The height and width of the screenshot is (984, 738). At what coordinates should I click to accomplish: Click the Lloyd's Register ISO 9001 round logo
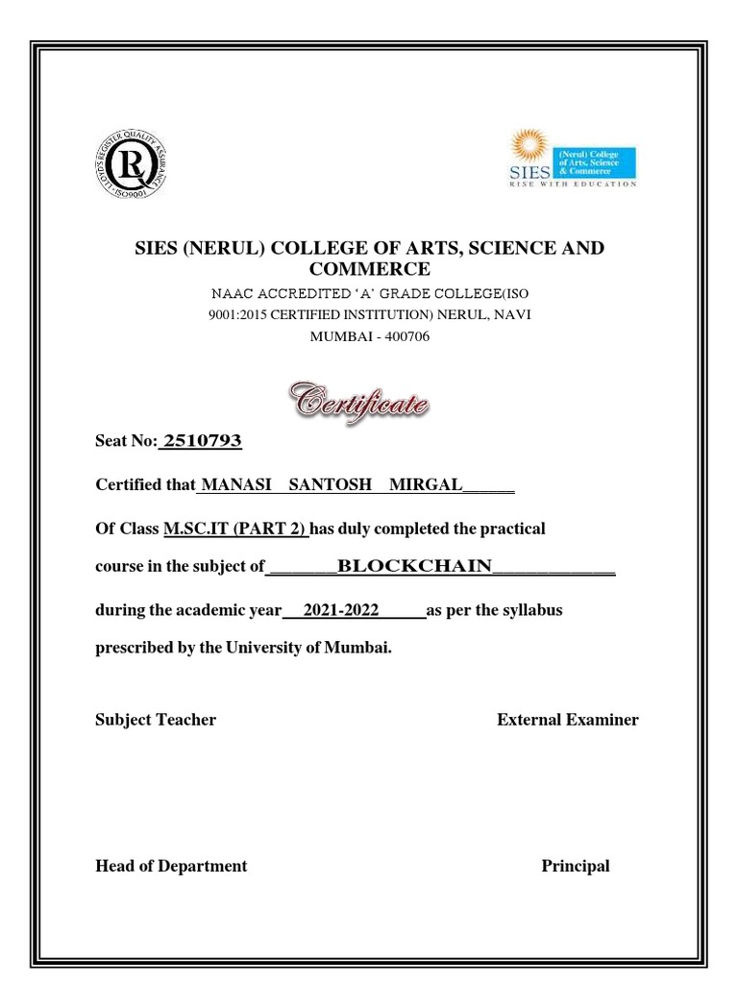[135, 164]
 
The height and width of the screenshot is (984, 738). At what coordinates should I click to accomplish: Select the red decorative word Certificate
[360, 397]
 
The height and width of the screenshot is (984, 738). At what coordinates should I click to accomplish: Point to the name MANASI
[231, 484]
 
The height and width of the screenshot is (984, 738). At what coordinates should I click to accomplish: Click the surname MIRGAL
[425, 484]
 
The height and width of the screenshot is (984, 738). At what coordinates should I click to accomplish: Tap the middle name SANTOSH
[330, 484]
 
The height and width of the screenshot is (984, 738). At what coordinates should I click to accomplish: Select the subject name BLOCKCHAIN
[414, 566]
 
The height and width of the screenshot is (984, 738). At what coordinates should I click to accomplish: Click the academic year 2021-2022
[341, 610]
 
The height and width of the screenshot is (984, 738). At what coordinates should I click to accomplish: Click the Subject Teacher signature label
[156, 720]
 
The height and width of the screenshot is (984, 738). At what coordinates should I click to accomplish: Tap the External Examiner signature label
[567, 720]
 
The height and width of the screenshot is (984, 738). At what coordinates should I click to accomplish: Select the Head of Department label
[171, 866]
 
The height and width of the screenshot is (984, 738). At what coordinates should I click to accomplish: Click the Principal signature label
[575, 866]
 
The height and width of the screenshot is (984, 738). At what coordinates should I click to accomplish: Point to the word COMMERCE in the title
[369, 268]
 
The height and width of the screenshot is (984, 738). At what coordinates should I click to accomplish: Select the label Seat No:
[126, 442]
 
